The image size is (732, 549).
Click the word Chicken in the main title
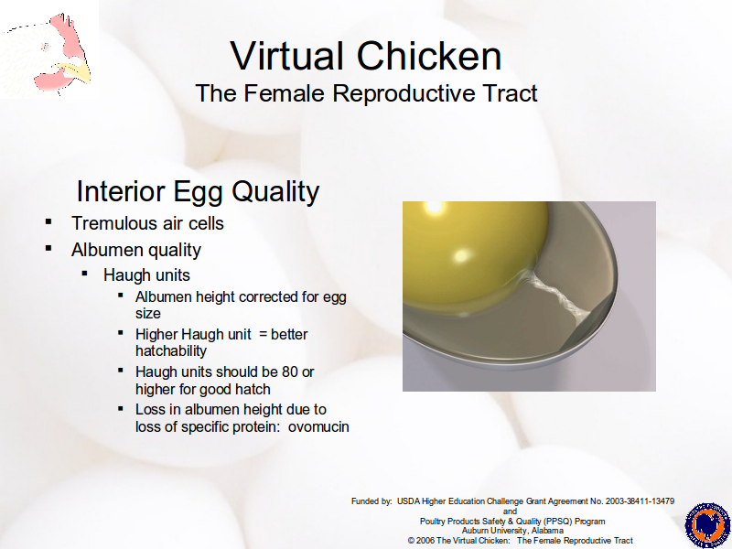coord(429,56)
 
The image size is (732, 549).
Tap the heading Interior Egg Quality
coord(198,191)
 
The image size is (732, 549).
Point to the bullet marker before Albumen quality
coord(48,248)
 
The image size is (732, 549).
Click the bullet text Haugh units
coord(146,275)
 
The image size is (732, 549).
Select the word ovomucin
coord(318,426)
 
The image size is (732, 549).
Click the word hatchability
coord(171,351)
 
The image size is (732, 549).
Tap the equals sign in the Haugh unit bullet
coord(263,335)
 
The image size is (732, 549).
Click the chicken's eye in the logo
coord(46,47)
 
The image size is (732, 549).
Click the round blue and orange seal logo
coord(707,525)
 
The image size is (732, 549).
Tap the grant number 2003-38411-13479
coord(640,501)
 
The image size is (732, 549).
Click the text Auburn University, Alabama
coord(512,531)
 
